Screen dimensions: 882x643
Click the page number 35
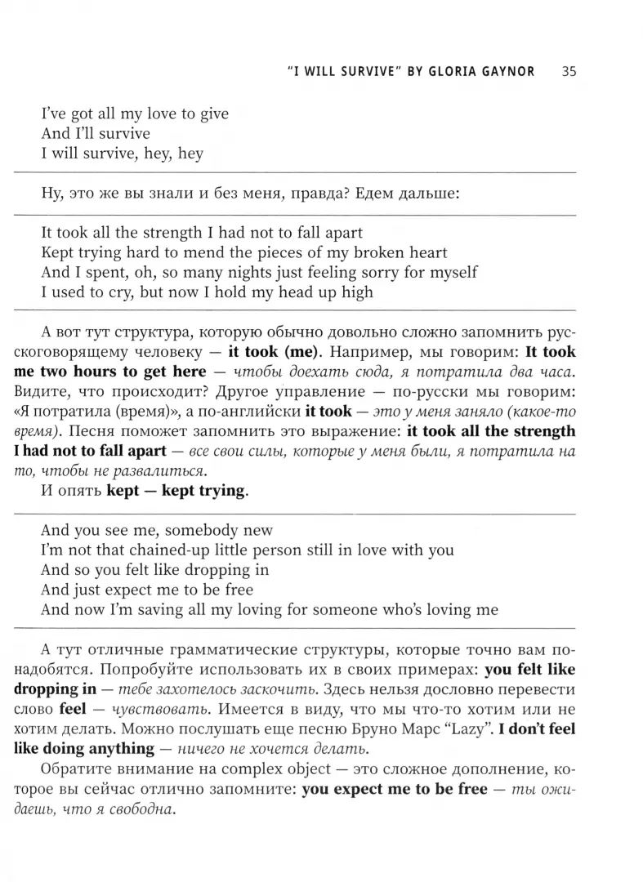pyautogui.click(x=569, y=71)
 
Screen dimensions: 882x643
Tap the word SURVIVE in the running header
pyautogui.click(x=364, y=71)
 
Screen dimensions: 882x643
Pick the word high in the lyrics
pyautogui.click(x=356, y=292)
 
